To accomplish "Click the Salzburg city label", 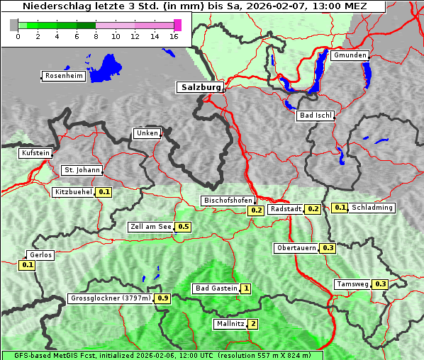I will pyautogui.click(x=199, y=87).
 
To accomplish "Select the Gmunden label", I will pyautogui.click(x=350, y=55).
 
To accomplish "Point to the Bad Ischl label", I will pyautogui.click(x=315, y=116).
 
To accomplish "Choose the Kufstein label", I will pyautogui.click(x=35, y=153).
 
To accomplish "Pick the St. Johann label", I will pyautogui.click(x=82, y=170).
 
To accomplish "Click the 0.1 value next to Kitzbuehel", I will pyautogui.click(x=104, y=192).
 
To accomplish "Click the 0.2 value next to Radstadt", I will pyautogui.click(x=313, y=209).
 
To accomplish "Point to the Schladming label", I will pyautogui.click(x=372, y=208).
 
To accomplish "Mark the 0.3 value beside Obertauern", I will pyautogui.click(x=328, y=248).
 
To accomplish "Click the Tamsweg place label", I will pyautogui.click(x=352, y=284).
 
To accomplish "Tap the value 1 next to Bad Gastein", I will pyautogui.click(x=246, y=288).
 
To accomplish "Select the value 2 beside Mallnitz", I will pyautogui.click(x=253, y=324).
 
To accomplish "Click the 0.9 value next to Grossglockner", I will pyautogui.click(x=162, y=298).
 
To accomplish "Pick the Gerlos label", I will pyautogui.click(x=40, y=255).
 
